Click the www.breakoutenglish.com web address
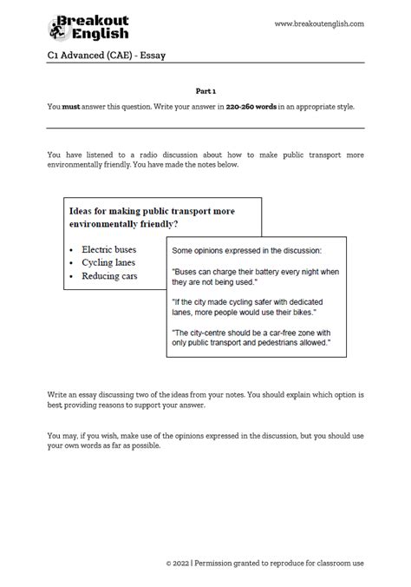pos(319,23)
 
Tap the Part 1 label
pos(205,89)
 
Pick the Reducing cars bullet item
pos(109,276)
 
